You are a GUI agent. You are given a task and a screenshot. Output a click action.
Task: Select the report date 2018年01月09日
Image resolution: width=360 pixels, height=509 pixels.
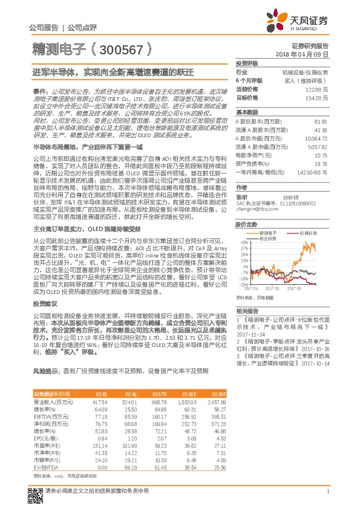click(309, 54)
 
